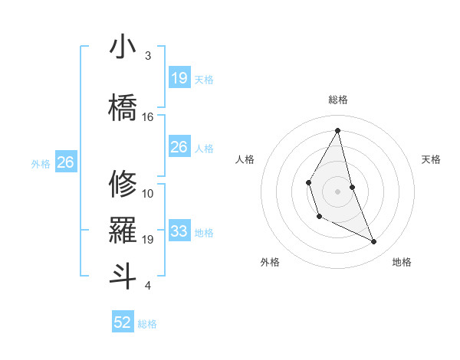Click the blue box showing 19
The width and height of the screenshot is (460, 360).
point(179,77)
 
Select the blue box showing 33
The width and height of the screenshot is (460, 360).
point(179,231)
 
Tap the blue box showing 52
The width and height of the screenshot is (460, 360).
point(123,322)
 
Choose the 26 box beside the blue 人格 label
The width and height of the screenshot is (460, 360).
point(179,147)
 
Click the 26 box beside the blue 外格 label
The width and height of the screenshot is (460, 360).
point(65,162)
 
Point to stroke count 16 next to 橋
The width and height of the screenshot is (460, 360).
point(148,116)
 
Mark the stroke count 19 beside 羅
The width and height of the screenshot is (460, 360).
point(148,240)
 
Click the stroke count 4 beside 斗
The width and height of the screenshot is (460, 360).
point(148,286)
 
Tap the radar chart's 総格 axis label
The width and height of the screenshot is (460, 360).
point(337,100)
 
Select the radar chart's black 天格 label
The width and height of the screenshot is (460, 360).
point(432,159)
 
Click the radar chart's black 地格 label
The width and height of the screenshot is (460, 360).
point(402,262)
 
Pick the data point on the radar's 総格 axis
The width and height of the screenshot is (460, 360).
point(337,130)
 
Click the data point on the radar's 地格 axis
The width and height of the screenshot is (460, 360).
point(374,241)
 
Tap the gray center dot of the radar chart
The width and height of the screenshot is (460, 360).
point(337,190)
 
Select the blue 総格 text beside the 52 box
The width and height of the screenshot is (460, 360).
point(147,324)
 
